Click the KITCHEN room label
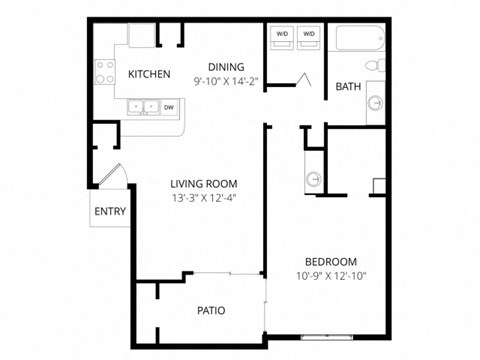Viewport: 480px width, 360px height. point(149,74)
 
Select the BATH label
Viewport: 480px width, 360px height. point(348,86)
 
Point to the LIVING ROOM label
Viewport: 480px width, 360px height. point(203,183)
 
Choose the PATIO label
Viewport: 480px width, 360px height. point(210,310)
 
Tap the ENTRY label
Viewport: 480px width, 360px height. point(110,212)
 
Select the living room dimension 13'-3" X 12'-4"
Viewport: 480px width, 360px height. point(203,197)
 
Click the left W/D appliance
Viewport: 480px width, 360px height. point(281,36)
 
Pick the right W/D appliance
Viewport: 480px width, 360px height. point(308,36)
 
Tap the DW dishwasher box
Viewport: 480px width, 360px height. point(168,106)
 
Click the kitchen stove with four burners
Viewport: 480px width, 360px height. point(104,71)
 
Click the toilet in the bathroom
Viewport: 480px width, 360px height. point(375,66)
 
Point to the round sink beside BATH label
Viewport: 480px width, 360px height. point(374,102)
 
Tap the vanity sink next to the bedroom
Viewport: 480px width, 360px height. point(314,178)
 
